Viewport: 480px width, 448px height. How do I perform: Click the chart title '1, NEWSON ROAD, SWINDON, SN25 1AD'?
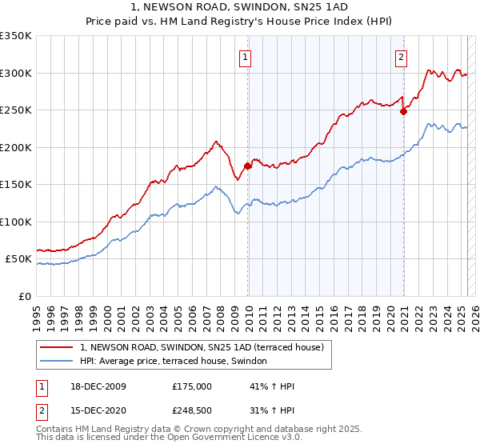(x=240, y=8)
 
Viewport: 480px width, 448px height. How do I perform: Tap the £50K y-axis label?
(x=18, y=259)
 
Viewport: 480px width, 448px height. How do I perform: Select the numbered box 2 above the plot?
(x=400, y=57)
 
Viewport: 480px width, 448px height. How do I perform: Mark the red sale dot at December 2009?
(x=248, y=166)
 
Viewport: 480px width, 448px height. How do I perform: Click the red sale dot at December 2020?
(x=403, y=112)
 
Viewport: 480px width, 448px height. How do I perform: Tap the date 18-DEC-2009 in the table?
(x=98, y=386)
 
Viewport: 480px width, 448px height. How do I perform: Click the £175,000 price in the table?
(x=192, y=386)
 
